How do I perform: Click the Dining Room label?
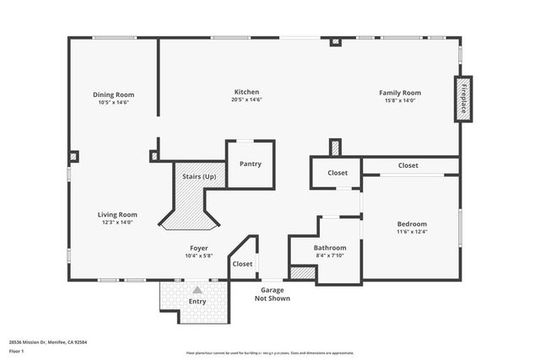(x=113, y=94)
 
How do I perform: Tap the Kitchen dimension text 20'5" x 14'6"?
(x=246, y=100)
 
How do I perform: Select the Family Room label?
(x=400, y=92)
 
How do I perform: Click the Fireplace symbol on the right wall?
(x=463, y=99)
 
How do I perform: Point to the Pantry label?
(x=250, y=164)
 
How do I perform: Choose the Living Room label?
(x=116, y=214)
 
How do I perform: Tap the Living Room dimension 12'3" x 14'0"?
(x=116, y=223)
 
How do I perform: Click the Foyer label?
(x=198, y=248)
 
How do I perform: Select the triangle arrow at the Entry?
(x=197, y=289)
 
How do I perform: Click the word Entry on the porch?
(x=197, y=301)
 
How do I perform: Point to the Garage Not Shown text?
(x=273, y=293)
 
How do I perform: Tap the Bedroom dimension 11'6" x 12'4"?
(x=412, y=232)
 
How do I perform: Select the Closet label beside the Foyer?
(x=242, y=264)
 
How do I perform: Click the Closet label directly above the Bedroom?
(x=408, y=166)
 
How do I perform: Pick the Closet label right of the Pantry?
(x=337, y=173)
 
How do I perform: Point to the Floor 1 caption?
(x=17, y=351)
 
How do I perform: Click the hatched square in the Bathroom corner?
(x=301, y=272)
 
